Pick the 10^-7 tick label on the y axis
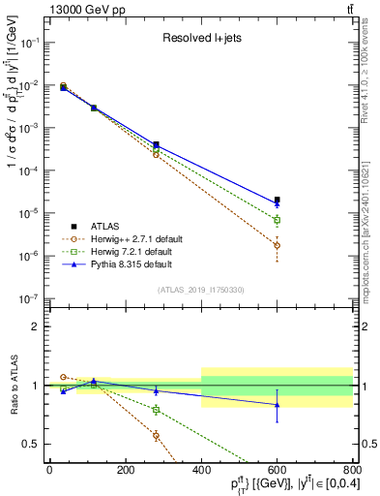[x=29, y=298]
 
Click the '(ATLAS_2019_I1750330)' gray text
[x=201, y=290]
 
